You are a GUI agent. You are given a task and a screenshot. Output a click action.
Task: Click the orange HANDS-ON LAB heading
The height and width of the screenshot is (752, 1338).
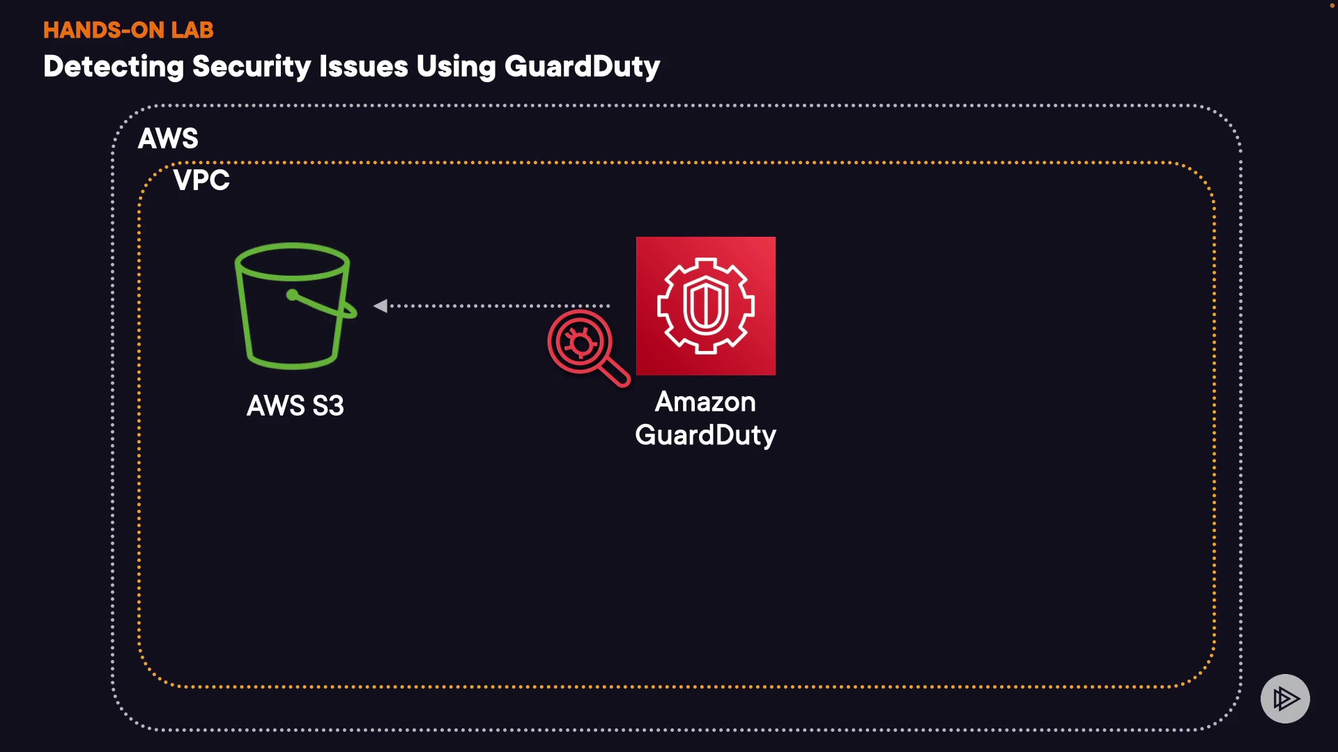[x=128, y=30]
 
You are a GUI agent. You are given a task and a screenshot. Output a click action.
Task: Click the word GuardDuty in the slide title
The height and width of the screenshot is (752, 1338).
[x=582, y=67]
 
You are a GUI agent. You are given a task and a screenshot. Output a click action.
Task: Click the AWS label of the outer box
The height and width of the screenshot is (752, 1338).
[x=168, y=139]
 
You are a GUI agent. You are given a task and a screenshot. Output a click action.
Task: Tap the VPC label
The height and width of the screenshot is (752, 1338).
[x=201, y=180]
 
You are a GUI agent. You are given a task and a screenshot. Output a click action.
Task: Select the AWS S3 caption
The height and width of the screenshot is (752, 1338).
[x=295, y=406]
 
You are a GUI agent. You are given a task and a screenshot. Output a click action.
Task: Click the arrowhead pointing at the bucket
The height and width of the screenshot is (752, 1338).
[x=380, y=306]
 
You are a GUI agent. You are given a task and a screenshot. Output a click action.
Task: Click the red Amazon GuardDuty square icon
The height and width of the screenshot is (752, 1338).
[x=705, y=306]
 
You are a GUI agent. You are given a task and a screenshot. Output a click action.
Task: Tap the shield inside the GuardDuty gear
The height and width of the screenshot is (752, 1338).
[x=705, y=305]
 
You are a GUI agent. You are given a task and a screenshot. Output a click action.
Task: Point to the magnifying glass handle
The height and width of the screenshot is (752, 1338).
[x=615, y=373]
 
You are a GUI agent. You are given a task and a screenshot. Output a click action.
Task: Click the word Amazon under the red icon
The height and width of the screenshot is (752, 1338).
[x=705, y=402]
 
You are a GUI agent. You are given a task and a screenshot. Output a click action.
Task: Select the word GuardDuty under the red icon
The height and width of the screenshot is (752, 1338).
[x=705, y=435]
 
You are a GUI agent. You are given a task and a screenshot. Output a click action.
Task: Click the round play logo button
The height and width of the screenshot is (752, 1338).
[x=1285, y=698]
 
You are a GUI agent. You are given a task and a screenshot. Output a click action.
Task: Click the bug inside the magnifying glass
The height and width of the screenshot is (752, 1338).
[x=580, y=342]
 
